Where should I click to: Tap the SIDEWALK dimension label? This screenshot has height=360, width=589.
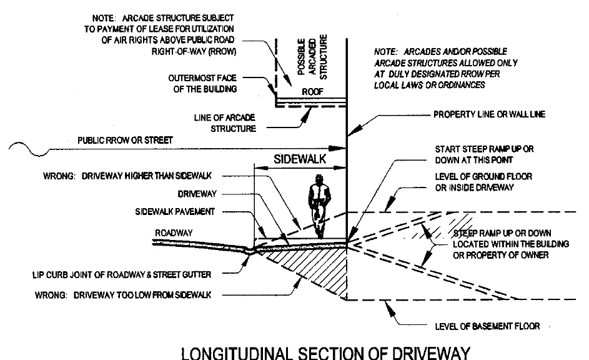[x=300, y=159]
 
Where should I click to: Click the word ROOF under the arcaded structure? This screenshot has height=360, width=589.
[x=310, y=91]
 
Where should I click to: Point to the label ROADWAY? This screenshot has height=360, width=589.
[x=173, y=232]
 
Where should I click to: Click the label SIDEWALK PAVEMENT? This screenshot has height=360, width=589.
[x=175, y=212]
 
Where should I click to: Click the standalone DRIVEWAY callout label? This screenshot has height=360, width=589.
[x=197, y=194]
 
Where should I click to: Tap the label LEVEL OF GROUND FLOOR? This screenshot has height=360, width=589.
[x=483, y=181]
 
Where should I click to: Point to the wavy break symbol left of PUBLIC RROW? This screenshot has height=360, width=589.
[x=28, y=148]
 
